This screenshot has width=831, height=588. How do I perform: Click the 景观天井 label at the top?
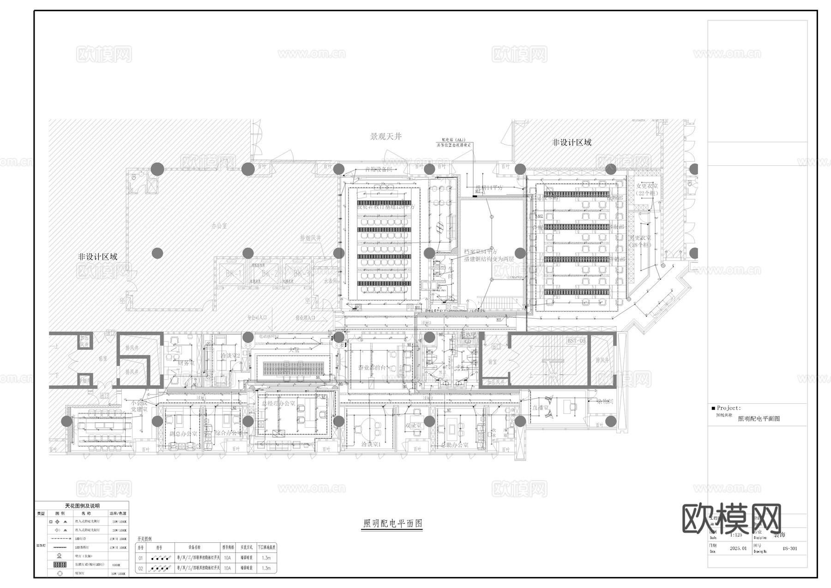pyautogui.click(x=386, y=137)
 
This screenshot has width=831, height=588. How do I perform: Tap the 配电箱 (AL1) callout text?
pyautogui.click(x=453, y=139)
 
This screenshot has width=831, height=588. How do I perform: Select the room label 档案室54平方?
pyautogui.click(x=481, y=252)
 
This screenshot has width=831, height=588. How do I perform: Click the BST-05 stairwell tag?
pyautogui.click(x=576, y=341)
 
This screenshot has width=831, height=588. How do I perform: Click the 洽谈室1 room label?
pyautogui.click(x=371, y=444)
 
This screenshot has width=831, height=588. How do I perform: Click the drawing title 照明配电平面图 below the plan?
pyautogui.click(x=392, y=523)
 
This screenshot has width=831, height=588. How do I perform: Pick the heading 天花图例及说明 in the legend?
pyautogui.click(x=82, y=506)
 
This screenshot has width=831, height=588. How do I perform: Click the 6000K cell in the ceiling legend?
pyautogui.click(x=117, y=564)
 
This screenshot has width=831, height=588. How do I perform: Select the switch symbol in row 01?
pyautogui.click(x=159, y=558)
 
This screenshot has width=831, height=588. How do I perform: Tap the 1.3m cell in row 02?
pyautogui.click(x=266, y=569)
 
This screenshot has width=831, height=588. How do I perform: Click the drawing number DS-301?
pyautogui.click(x=789, y=549)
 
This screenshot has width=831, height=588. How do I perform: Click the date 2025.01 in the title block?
pyautogui.click(x=738, y=549)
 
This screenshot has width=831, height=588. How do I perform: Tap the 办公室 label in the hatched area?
pyautogui.click(x=219, y=226)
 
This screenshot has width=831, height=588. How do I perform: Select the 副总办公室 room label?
pyautogui.click(x=183, y=434)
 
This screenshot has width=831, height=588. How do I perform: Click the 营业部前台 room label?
pyautogui.click(x=372, y=368)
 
